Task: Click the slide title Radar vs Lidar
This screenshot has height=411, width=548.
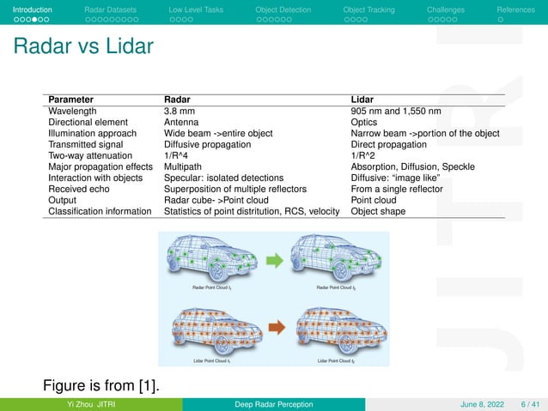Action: tap(83, 45)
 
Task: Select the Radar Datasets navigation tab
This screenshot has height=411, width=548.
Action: tap(108, 9)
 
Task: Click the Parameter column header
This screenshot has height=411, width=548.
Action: tap(73, 100)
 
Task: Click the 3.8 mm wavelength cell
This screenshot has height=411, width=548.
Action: tap(180, 111)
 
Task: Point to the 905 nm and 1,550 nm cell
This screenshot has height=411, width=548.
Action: tap(396, 111)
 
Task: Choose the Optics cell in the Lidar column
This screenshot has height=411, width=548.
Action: tap(365, 122)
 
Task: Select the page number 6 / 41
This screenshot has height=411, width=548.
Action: tap(527, 404)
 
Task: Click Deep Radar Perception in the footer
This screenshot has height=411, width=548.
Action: tap(274, 404)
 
